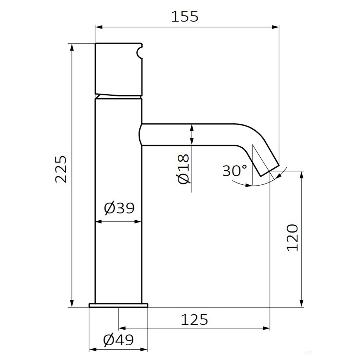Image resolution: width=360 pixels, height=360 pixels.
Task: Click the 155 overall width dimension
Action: [185, 17]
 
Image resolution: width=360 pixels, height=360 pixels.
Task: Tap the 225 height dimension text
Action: [61, 169]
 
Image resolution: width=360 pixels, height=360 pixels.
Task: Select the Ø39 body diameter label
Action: [119, 208]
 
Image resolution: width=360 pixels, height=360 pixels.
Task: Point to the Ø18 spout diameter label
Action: [184, 169]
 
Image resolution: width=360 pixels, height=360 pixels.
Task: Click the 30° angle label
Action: [235, 171]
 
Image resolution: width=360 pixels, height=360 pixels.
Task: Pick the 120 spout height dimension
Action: [292, 238]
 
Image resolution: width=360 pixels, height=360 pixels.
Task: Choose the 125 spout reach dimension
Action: [194, 320]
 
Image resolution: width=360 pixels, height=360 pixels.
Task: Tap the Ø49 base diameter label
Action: [118, 340]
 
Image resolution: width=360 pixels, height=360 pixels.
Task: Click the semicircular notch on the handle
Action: [140, 52]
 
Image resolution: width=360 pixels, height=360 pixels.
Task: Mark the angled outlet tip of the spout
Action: [270, 171]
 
